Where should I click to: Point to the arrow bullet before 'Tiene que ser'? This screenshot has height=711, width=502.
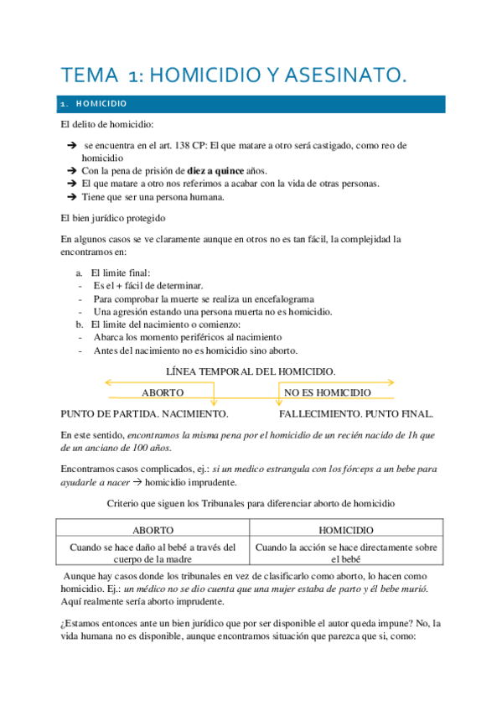coord(72,197)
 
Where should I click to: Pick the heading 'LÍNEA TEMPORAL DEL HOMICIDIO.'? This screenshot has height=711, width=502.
coord(251,370)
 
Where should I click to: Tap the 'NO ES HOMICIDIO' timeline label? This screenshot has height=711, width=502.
coord(328,392)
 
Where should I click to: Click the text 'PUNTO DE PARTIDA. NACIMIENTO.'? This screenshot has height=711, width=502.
coord(145,414)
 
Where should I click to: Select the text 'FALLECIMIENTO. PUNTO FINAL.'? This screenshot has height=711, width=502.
coord(356,414)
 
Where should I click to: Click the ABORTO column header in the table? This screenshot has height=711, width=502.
coord(153,531)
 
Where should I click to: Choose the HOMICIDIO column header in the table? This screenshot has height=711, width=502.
coord(346,531)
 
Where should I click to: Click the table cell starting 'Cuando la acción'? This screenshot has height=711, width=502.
coord(346,553)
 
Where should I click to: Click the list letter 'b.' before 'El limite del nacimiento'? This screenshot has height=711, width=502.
coord(80,324)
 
